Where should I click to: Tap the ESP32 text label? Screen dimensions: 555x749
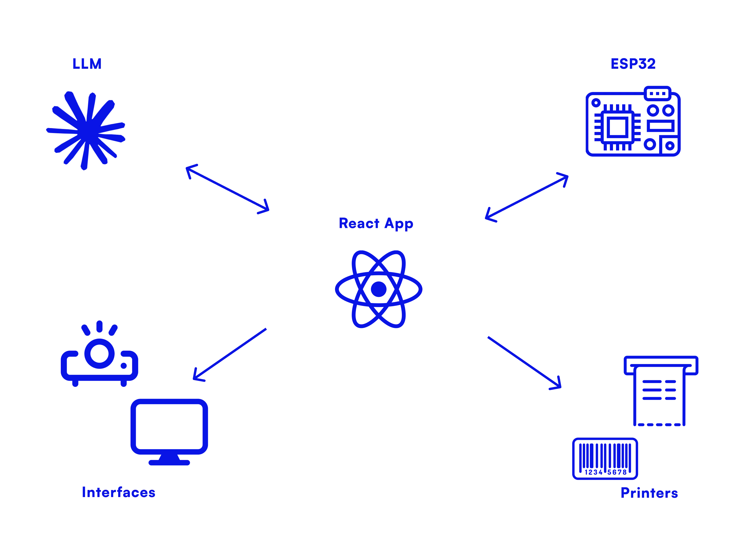click(x=633, y=64)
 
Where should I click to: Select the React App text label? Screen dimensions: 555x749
click(x=376, y=224)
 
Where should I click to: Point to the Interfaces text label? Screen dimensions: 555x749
click(x=118, y=493)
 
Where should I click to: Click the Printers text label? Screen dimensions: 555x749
click(x=649, y=493)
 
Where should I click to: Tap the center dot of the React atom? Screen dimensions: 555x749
click(x=378, y=289)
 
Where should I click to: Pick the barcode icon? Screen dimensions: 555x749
click(x=605, y=459)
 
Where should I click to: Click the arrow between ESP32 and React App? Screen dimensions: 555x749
click(x=527, y=198)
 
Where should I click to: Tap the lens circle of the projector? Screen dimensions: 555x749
click(x=99, y=354)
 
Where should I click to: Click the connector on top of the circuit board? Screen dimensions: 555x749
click(x=657, y=93)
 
